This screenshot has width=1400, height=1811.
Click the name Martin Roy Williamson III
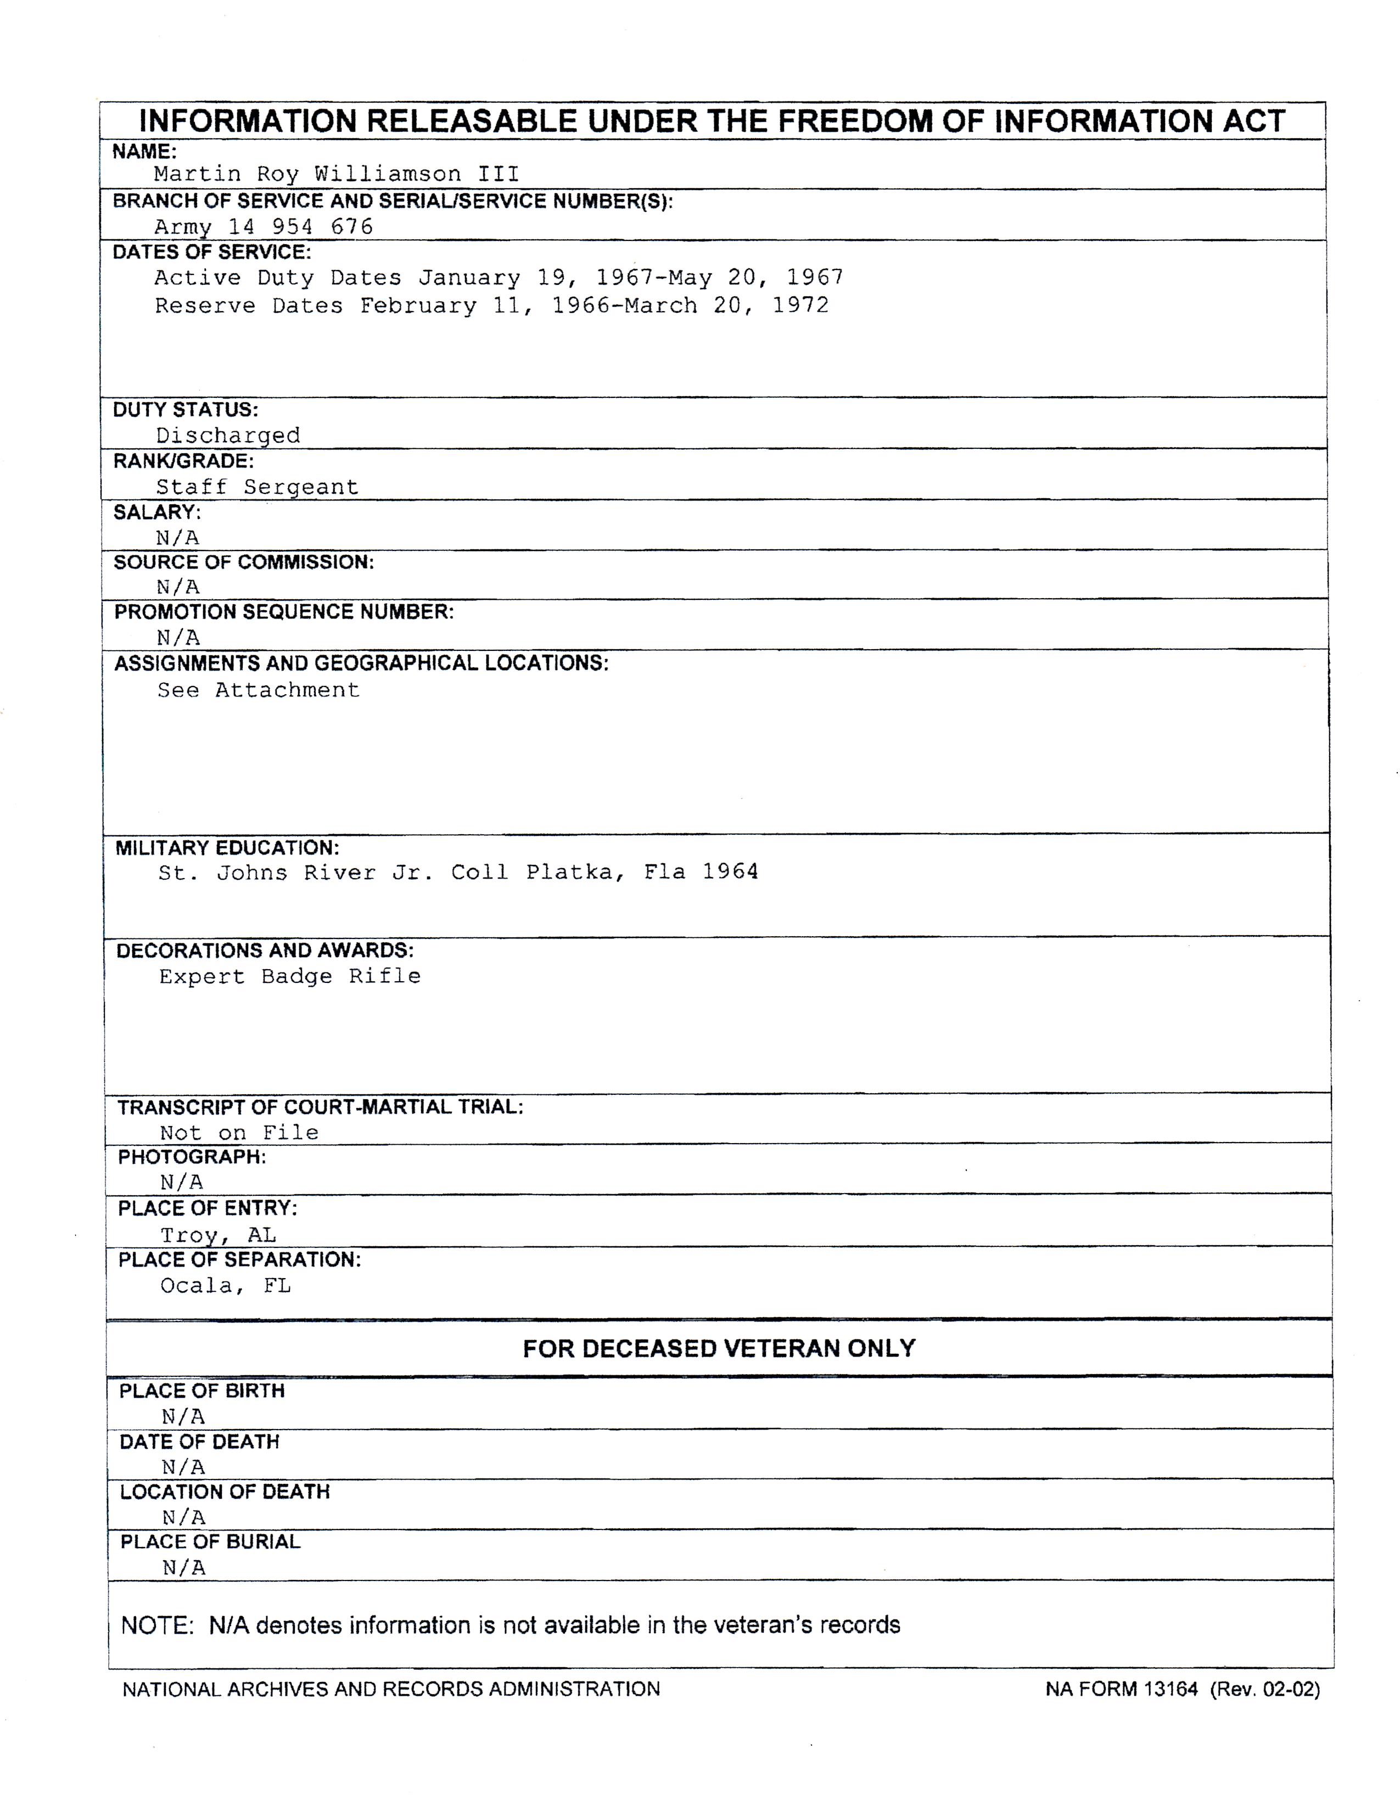point(337,174)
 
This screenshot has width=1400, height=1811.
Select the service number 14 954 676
point(301,226)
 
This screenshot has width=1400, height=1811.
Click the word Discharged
point(228,435)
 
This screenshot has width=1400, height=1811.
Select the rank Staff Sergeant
point(257,487)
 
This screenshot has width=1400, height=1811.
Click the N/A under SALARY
point(177,537)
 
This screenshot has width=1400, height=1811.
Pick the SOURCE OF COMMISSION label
point(244,562)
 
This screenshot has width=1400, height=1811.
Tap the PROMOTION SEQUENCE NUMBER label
point(284,612)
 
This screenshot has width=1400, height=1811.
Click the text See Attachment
point(259,690)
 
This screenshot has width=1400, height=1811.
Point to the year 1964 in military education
point(730,871)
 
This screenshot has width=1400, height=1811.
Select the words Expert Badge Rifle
point(289,976)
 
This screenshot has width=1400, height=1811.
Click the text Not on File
point(239,1133)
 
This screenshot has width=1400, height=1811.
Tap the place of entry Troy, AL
point(218,1235)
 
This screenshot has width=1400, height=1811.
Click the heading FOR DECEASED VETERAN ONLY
point(718,1348)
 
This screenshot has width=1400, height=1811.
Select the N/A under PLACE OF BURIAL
point(183,1567)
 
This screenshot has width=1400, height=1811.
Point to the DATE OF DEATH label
point(199,1442)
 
